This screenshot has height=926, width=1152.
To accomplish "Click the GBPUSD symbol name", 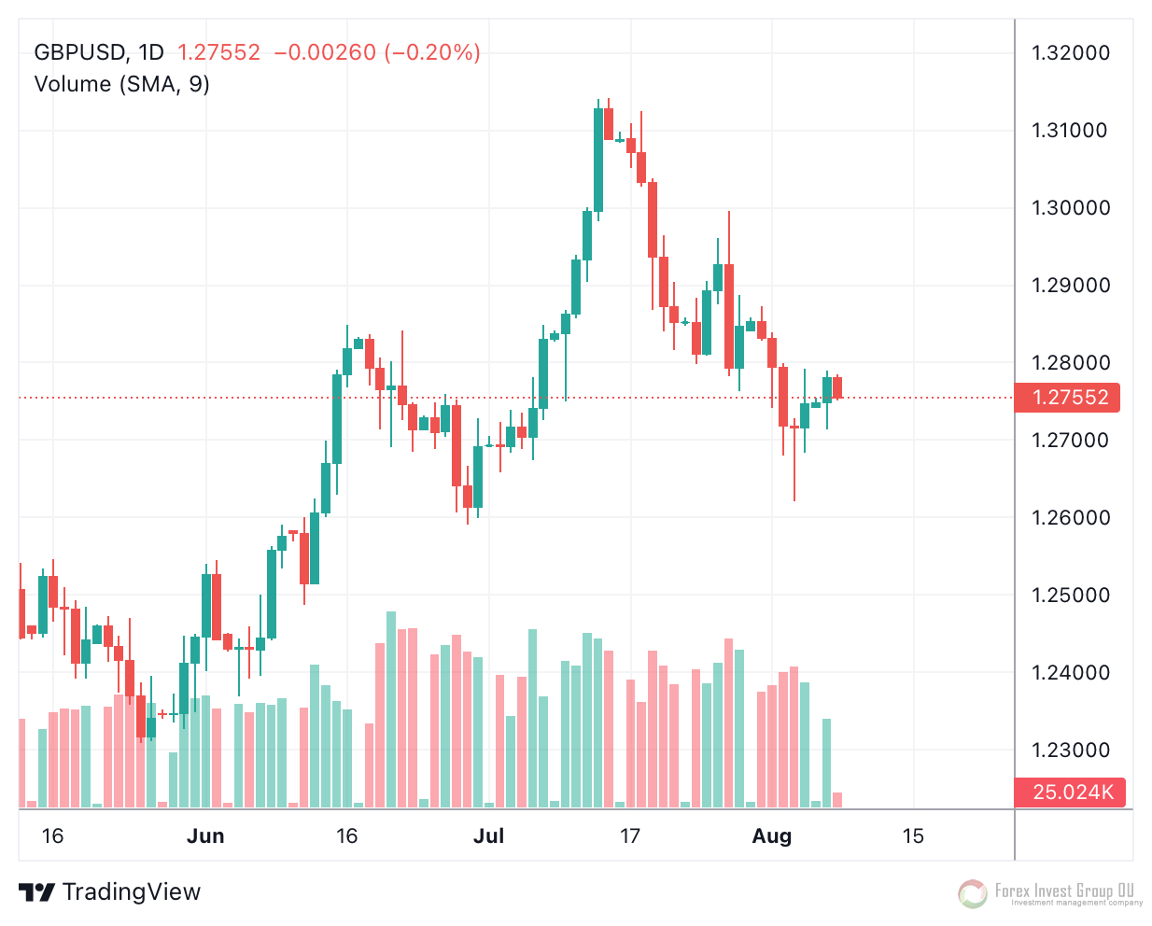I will pos(79,52).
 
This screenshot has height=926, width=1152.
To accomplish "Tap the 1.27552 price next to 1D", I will pos(219,52).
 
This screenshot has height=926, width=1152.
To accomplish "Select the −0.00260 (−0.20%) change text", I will pos(377,52).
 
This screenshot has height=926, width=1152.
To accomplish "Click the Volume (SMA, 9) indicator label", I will pos(122,84).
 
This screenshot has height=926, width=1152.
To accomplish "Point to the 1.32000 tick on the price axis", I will pos(1071,53).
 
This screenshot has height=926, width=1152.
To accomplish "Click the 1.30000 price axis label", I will pos(1071,208).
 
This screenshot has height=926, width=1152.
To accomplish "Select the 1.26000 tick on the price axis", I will pos(1071,518).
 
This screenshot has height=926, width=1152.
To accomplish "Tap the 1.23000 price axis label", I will pos(1071,751).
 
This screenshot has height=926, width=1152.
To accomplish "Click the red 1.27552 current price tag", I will pos(1069,398).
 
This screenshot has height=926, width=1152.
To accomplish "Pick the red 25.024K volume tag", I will pos(1071,793).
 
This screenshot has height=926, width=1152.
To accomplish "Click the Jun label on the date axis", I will pos(205,836).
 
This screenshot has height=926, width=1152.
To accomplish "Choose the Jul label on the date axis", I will pos(488,836).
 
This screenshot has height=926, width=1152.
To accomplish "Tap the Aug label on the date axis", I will pos(772,836).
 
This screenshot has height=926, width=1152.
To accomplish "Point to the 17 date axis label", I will pos(630,836).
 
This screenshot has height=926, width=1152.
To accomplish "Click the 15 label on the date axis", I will pos(913,836).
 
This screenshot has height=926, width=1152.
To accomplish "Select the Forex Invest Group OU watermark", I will pos(1051,893).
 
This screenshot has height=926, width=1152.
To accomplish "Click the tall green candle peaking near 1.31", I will pos(597,160).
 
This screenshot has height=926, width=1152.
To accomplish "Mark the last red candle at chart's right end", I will pos(837,387).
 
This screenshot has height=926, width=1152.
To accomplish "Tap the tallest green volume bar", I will pos(391,709).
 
